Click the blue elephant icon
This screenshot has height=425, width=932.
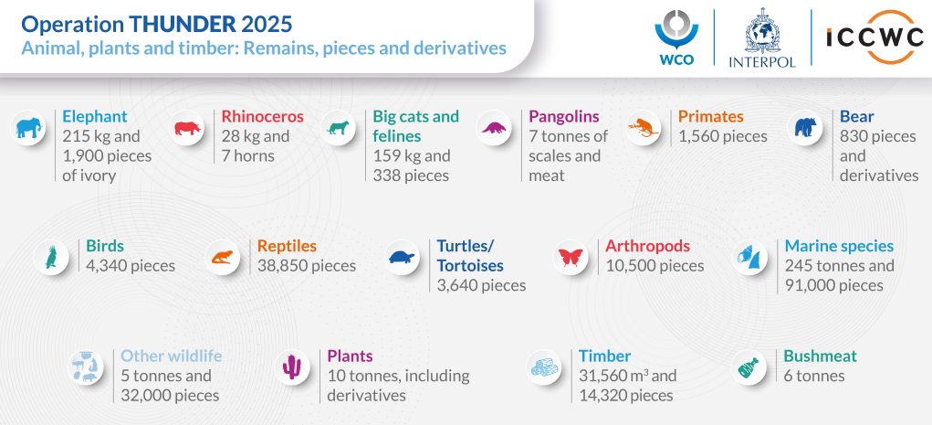[x=28, y=128]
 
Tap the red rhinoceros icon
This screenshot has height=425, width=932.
[x=186, y=128]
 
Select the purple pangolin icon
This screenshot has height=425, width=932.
[x=493, y=128]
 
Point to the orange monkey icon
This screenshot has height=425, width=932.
[x=643, y=128]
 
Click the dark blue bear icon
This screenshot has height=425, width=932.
[x=805, y=127]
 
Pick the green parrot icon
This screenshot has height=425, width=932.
[x=51, y=257]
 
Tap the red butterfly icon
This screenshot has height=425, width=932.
[x=571, y=257]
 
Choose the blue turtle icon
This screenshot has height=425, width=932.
[x=402, y=257]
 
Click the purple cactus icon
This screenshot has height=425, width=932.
[x=292, y=367]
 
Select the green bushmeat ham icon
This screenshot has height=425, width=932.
[x=749, y=367]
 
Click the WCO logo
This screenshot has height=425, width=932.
[x=676, y=37]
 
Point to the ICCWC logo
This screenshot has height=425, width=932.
[x=874, y=37]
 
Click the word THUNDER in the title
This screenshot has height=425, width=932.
[x=182, y=25]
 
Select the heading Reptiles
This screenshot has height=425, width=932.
[x=287, y=246]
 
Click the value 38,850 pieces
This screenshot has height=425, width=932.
[x=306, y=265]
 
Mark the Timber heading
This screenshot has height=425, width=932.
[x=604, y=356]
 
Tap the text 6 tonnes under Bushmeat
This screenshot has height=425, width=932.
[x=813, y=376]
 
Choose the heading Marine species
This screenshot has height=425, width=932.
[x=839, y=246]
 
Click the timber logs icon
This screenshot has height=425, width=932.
[x=544, y=367]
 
